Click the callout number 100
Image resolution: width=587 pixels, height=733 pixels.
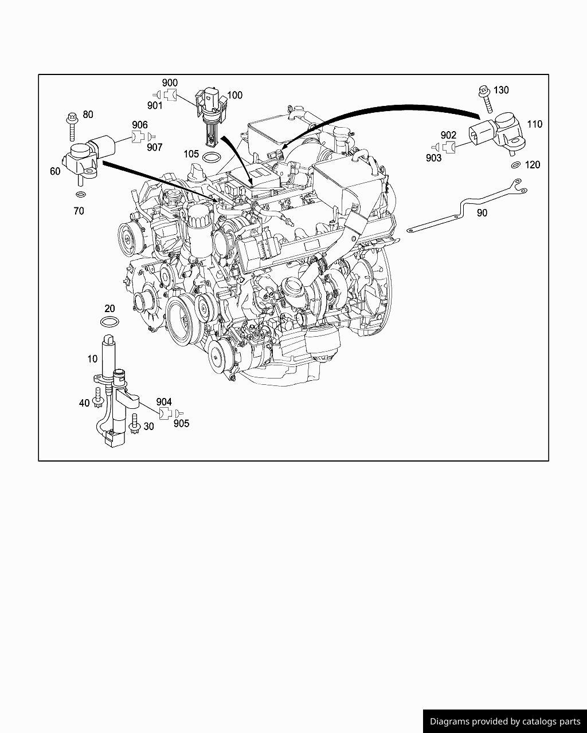pyautogui.click(x=234, y=96)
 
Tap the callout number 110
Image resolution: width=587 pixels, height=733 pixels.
pyautogui.click(x=534, y=124)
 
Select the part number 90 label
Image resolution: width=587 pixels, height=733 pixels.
pyautogui.click(x=482, y=213)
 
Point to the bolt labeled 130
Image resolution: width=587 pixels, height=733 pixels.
pyautogui.click(x=486, y=99)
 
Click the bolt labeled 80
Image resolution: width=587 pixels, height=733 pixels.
pyautogui.click(x=72, y=127)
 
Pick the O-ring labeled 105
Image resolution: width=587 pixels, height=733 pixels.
pyautogui.click(x=212, y=157)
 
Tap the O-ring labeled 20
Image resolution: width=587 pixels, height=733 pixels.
pyautogui.click(x=110, y=321)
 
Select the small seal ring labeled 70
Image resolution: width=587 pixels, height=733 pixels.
pyautogui.click(x=80, y=195)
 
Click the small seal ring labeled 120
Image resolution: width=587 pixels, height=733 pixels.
pyautogui.click(x=516, y=165)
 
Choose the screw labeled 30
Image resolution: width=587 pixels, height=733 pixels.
pyautogui.click(x=134, y=424)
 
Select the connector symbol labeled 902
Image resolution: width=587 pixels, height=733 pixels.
pyautogui.click(x=449, y=147)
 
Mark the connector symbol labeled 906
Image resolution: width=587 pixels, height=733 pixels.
pyautogui.click(x=138, y=137)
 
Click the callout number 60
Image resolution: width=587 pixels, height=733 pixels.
pyautogui.click(x=55, y=171)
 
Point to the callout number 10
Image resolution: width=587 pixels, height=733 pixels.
pyautogui.click(x=92, y=359)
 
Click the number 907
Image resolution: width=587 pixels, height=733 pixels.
pyautogui.click(x=155, y=148)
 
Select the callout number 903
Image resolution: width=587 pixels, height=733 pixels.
pyautogui.click(x=433, y=158)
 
